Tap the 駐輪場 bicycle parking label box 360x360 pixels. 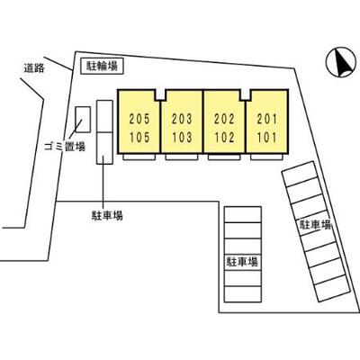coord(102,66)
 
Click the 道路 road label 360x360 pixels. coord(34,68)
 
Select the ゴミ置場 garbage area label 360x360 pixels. coord(65,147)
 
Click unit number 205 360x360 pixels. coord(139,119)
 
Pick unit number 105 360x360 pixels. coord(139,138)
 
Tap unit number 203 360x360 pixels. coord(182,119)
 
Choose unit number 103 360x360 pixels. coord(182,138)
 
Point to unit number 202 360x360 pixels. coord(224,119)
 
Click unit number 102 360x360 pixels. coord(224,138)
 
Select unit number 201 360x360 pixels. coord(266,119)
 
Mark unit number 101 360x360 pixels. coord(266,138)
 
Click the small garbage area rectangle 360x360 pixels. coord(83,120)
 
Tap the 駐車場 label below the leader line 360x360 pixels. coord(107,215)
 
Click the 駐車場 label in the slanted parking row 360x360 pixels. coord(315,224)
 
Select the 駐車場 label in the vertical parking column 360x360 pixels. coord(242,262)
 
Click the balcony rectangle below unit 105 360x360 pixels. coord(139,157)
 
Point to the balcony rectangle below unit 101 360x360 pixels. coord(266,157)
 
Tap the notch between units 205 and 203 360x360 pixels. coord(160,94)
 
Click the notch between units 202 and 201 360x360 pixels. coord(246,94)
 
